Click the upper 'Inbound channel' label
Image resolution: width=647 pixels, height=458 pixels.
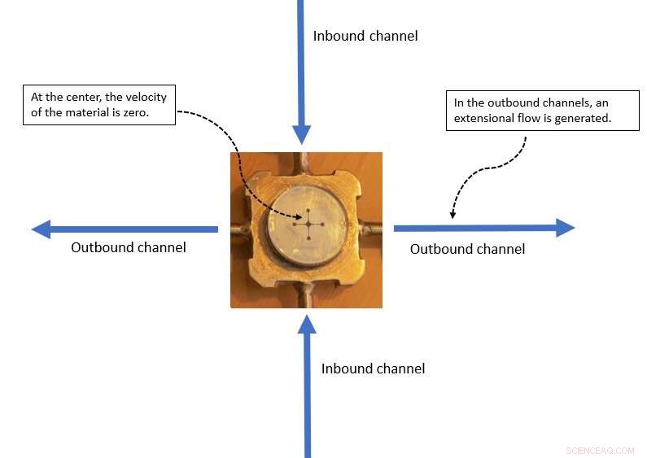365,36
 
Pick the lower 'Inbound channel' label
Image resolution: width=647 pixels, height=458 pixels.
373,369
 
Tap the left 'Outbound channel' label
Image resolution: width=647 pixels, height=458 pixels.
129,247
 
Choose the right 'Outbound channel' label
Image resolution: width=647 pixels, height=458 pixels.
467,249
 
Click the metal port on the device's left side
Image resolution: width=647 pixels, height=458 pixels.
239,229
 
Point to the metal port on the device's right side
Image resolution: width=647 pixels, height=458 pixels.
373,229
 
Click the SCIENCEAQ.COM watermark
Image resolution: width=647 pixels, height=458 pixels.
600,450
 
